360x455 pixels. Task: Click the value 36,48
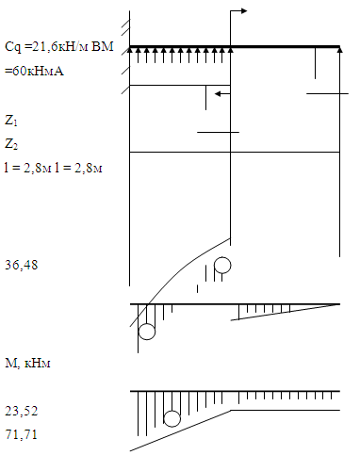coord(21,265)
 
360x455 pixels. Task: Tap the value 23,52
coord(21,411)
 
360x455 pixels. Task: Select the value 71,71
coord(21,434)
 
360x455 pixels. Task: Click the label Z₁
coord(11,121)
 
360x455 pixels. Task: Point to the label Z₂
coord(11,144)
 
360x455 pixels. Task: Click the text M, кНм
coord(27,363)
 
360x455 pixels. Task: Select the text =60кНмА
coord(34,71)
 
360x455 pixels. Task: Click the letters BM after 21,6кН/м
coord(103,46)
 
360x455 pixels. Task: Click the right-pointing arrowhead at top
coord(244,11)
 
